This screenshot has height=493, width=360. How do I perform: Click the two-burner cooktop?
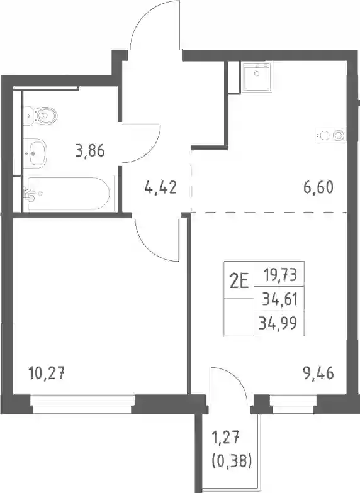pos(331,136)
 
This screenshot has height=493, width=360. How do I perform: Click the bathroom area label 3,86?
pos(90,151)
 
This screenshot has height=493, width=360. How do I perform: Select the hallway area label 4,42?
pos(160,187)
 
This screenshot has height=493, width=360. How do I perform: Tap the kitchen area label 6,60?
pos(318,187)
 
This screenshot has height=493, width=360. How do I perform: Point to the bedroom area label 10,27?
pos(47,374)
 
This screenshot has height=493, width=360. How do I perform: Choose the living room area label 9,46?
pos(318,374)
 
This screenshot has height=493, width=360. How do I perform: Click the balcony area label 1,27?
pos(227,438)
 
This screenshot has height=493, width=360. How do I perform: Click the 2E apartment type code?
pos(239,280)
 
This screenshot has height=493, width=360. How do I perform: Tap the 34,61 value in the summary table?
pos(280,299)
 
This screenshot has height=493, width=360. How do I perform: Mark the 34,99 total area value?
pos(278,323)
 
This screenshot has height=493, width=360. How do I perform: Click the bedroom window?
pos(82,404)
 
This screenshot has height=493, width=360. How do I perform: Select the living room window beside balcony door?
pos(293,404)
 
